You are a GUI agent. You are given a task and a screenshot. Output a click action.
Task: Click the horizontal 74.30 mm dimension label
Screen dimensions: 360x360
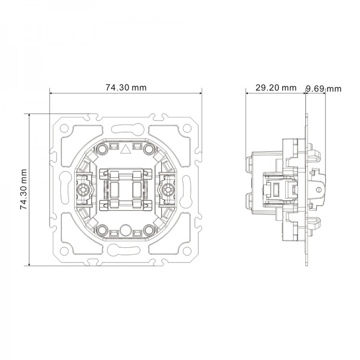point(126,87)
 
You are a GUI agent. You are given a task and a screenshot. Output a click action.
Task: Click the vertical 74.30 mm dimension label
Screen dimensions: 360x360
point(24,190)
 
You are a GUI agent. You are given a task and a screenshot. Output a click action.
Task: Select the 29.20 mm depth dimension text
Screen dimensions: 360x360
point(276,88)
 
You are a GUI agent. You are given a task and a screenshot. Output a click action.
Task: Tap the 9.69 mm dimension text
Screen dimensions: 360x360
point(324,89)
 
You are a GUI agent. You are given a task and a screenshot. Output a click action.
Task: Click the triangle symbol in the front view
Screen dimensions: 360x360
point(125,149)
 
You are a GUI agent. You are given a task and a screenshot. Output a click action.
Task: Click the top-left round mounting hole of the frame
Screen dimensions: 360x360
point(64,128)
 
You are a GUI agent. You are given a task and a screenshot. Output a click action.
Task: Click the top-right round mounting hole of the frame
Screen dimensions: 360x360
point(187,128)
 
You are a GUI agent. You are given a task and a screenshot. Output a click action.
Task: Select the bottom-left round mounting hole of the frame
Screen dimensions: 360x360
point(64,250)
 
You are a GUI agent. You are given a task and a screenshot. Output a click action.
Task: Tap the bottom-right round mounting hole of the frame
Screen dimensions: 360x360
point(187,250)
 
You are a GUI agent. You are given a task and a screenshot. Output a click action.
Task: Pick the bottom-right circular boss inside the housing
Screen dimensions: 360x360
point(149,229)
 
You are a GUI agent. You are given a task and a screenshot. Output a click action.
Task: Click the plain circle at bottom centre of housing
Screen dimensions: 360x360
point(125,229)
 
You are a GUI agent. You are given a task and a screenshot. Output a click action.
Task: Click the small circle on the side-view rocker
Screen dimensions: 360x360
point(318,190)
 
